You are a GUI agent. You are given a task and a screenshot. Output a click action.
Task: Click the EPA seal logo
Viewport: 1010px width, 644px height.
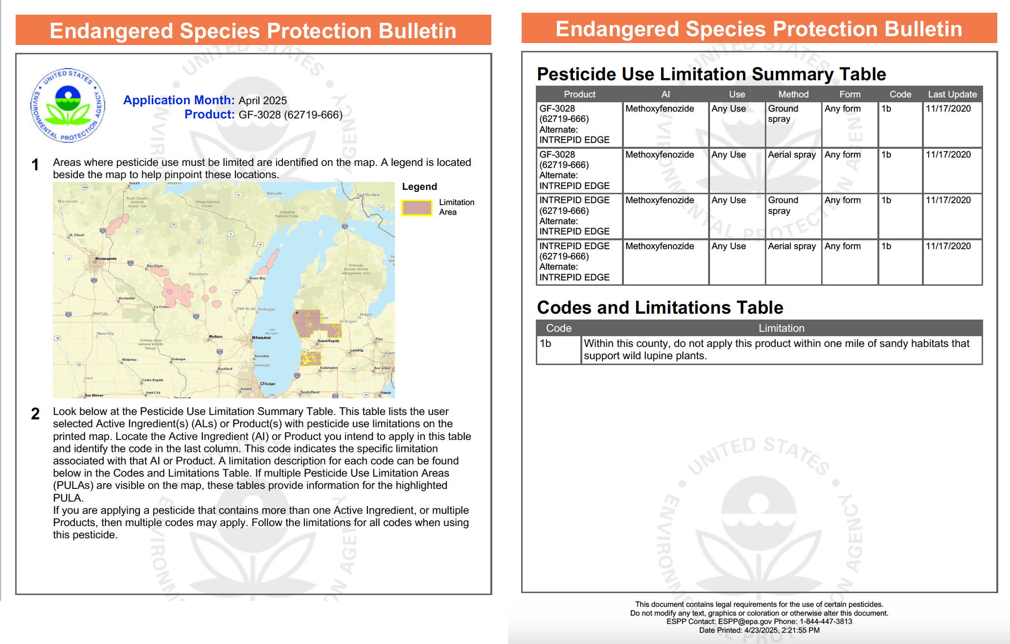pos(68,105)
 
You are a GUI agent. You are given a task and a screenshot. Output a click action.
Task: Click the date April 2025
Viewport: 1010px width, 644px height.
pos(262,100)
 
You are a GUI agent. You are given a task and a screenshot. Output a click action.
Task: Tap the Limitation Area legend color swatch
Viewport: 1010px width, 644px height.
pos(417,207)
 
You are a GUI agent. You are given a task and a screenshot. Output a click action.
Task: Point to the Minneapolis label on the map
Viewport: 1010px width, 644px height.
pos(106,258)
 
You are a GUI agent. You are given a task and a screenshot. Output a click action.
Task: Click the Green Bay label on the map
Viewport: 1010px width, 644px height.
pos(257,278)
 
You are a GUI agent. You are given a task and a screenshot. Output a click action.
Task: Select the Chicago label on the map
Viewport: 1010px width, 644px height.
pos(267,384)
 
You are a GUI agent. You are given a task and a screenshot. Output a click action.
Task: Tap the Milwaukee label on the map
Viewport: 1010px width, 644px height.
pos(261,338)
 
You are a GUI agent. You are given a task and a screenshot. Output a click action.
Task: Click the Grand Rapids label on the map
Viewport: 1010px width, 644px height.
pos(328,341)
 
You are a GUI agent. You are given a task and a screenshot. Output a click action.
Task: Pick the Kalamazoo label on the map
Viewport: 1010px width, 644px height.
pos(329,368)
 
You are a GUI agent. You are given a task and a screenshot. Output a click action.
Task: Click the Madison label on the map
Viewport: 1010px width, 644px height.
pos(215,336)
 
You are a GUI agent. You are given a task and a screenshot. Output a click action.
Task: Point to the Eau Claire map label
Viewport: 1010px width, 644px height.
pos(155,266)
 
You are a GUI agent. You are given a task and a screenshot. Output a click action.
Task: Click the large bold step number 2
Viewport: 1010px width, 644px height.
pos(35,414)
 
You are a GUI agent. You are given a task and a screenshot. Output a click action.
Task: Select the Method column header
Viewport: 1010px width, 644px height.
pos(793,94)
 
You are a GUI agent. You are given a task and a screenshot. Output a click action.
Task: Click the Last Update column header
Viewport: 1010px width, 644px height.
pos(952,94)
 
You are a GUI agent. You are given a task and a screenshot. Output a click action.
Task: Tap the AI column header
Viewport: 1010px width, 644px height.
pos(666,94)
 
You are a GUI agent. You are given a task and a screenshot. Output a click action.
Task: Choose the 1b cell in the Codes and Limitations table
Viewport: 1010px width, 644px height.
pos(546,344)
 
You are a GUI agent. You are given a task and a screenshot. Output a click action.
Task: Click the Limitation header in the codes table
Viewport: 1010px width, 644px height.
pos(781,328)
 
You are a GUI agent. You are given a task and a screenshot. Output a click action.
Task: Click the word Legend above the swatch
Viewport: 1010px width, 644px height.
pos(419,186)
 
